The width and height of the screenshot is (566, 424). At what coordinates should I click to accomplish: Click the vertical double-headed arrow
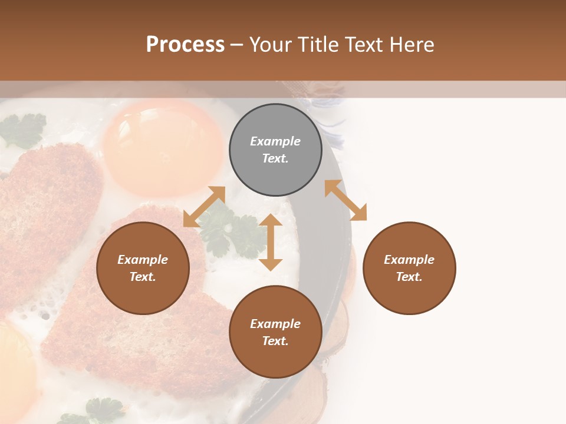271,242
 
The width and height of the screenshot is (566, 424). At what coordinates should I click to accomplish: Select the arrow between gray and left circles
204,207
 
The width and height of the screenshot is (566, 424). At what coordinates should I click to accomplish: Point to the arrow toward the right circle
345,200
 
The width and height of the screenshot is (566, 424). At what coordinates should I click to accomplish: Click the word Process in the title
185,44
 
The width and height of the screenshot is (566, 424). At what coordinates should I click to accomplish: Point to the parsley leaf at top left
24,130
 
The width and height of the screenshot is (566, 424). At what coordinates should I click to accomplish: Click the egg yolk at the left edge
13,365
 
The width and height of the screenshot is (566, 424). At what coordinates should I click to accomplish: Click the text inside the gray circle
275,150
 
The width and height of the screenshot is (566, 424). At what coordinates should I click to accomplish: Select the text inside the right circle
409,268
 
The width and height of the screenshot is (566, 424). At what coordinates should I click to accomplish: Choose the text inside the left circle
143,268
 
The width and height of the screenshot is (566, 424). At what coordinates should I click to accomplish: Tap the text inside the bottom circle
275,332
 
